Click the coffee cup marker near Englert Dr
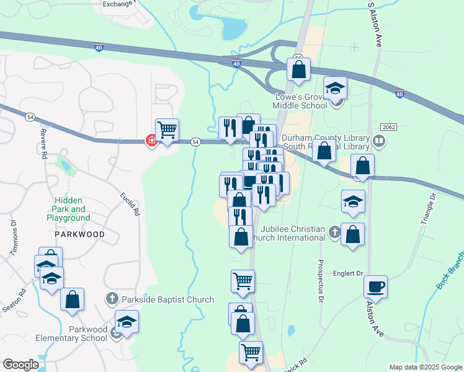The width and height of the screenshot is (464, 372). click(x=375, y=286)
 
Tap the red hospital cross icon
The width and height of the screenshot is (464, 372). click(x=151, y=141)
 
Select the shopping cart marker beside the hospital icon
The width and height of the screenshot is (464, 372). click(x=167, y=130)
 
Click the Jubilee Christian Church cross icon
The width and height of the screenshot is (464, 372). click(x=335, y=232)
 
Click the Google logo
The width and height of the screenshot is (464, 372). click(x=20, y=365)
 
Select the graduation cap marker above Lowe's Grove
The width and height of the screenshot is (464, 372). click(x=335, y=88)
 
